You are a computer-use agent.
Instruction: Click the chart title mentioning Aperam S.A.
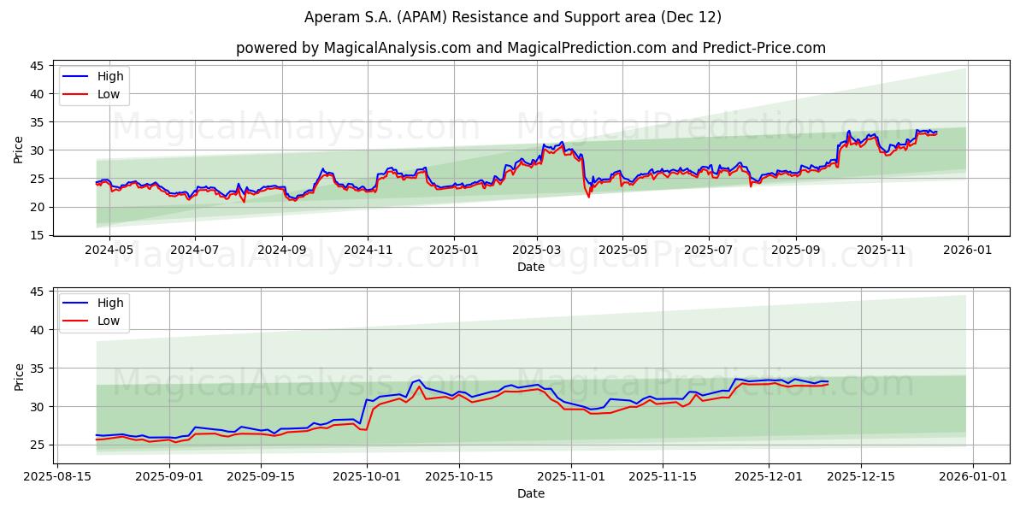coord(513,17)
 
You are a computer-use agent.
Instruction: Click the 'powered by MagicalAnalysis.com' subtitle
coord(530,48)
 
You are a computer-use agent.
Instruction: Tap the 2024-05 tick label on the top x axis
coord(110,251)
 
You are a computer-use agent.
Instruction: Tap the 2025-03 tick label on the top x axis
coord(537,251)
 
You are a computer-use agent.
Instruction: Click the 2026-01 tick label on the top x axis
coord(967,251)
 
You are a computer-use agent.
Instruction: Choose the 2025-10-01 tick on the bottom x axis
coord(368,477)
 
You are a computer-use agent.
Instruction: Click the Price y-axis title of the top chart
coord(19,149)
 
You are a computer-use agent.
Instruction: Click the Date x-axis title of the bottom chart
coord(530,493)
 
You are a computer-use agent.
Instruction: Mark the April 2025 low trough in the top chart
coord(588,197)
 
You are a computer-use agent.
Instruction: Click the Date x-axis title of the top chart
coord(530,267)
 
